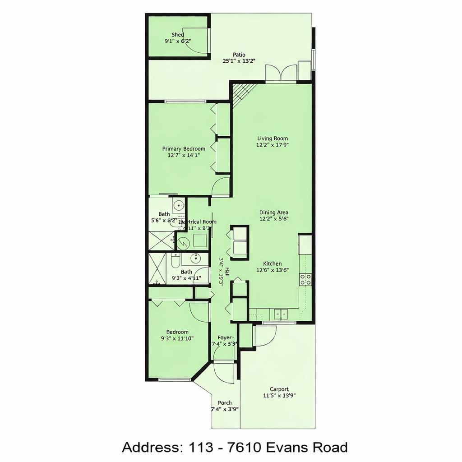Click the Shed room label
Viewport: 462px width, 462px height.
click(178, 35)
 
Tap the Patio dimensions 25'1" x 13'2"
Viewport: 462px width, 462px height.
click(239, 61)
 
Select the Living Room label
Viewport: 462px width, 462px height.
click(273, 139)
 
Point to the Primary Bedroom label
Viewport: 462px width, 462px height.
click(184, 148)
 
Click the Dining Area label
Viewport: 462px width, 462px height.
click(274, 213)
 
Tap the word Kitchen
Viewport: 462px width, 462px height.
click(273, 263)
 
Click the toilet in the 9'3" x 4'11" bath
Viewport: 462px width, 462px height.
click(176, 260)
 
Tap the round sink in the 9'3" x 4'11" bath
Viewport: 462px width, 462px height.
click(196, 258)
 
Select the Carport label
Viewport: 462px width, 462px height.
click(279, 389)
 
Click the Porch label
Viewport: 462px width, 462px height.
click(225, 402)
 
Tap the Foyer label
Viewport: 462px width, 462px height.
click(224, 337)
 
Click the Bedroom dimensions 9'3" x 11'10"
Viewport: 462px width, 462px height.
click(177, 338)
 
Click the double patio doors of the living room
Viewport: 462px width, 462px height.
click(281, 74)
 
